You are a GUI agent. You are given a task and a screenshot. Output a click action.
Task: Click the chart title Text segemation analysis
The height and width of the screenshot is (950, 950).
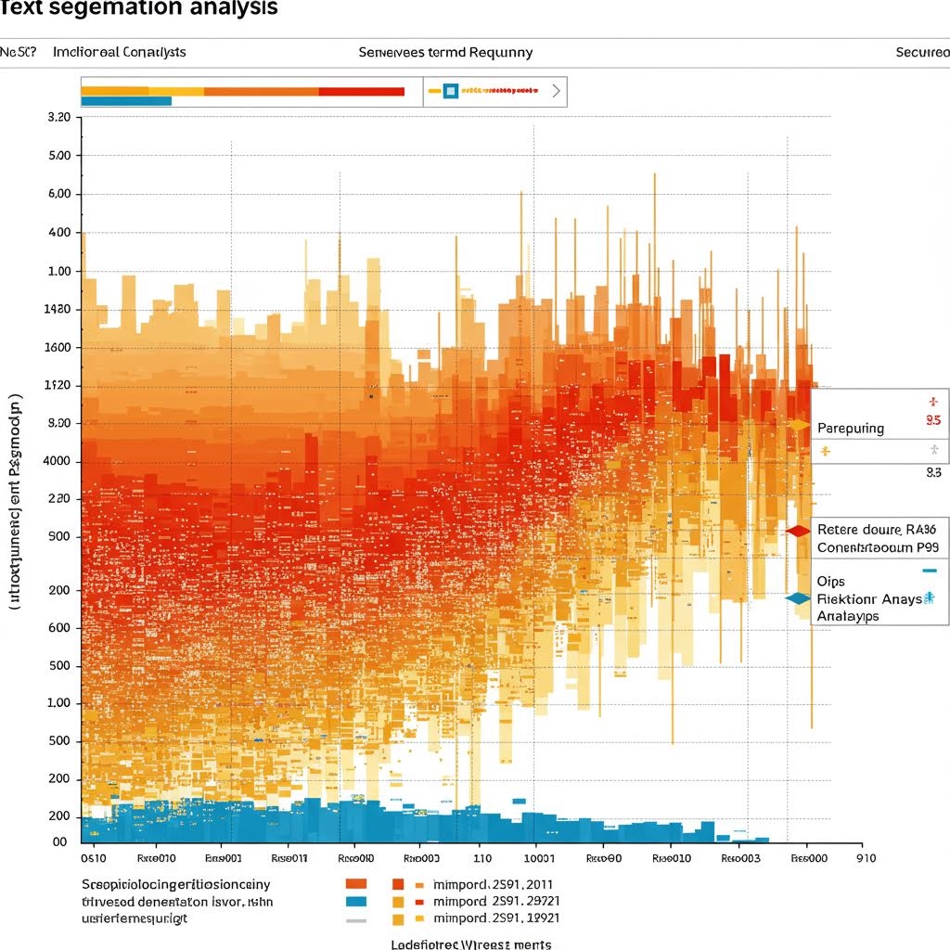[x=139, y=8]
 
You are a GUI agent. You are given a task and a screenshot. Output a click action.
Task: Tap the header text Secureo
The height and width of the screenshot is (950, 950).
[x=922, y=52]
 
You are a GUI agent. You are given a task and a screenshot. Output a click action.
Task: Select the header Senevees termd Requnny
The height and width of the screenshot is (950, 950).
[x=445, y=52]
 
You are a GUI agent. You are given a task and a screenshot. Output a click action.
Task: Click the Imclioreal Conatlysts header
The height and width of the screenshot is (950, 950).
[x=120, y=52]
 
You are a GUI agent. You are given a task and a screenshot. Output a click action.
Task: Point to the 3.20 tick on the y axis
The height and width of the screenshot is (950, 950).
[x=58, y=118]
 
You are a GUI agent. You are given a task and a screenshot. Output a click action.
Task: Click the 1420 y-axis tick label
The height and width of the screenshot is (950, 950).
[x=58, y=310]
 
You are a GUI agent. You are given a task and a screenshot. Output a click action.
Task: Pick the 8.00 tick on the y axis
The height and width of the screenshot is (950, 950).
[x=58, y=423]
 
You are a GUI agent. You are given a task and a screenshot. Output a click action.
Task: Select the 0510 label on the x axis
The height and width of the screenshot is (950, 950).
[x=94, y=859]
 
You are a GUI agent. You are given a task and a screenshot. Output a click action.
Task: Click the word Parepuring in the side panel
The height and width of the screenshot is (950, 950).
[x=851, y=429]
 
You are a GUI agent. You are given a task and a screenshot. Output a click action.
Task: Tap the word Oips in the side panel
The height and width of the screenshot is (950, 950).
[x=831, y=582]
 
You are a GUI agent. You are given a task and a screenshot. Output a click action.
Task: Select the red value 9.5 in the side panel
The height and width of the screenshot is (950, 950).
[x=933, y=419]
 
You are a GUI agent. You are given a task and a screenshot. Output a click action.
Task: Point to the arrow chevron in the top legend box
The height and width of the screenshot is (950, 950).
[x=555, y=92]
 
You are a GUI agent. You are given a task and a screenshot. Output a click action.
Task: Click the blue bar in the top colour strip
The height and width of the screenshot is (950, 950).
[x=126, y=100]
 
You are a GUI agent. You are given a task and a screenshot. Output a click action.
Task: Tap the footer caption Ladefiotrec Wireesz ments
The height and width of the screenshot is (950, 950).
[x=471, y=944]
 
